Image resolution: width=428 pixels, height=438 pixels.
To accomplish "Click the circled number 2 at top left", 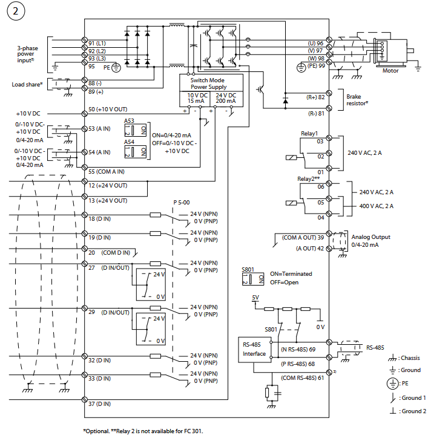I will pyautogui.click(x=15, y=13).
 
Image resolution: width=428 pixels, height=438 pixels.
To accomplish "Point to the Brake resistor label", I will pyautogui.click(x=357, y=100).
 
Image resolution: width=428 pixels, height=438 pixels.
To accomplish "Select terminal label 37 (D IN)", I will pyautogui.click(x=99, y=404).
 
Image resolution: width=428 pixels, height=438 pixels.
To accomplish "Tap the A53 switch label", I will pyautogui.click(x=130, y=121).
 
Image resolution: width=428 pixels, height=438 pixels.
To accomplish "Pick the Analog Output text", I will pyautogui.click(x=370, y=237).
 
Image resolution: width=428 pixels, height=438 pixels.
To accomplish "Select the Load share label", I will pyautogui.click(x=27, y=85).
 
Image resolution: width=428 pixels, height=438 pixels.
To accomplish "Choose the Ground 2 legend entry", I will pyautogui.click(x=410, y=411).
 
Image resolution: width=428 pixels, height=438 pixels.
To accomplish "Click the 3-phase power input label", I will pyautogui.click(x=30, y=53).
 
